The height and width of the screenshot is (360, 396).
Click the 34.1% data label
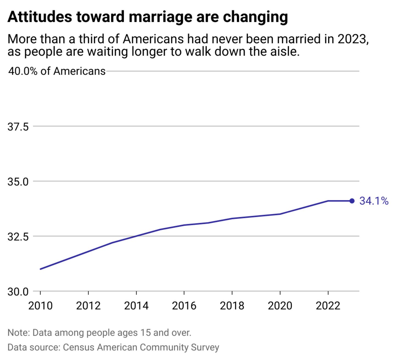(374, 201)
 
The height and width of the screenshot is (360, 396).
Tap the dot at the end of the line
(352, 201)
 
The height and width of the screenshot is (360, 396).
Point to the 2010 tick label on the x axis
(40, 306)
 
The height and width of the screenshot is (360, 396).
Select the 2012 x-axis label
(88, 306)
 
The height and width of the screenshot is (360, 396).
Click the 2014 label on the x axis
(136, 306)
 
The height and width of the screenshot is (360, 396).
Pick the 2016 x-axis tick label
(184, 306)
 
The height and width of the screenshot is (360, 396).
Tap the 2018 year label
(232, 306)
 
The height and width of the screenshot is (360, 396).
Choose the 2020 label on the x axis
(280, 306)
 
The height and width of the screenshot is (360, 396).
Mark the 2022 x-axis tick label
(328, 306)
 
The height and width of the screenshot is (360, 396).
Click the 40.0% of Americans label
(57, 71)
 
